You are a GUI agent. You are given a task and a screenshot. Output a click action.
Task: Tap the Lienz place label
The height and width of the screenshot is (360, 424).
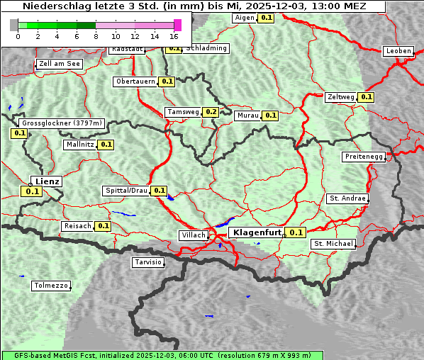click(x=47, y=181)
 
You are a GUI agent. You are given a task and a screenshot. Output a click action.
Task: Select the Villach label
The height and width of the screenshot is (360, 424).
click(x=193, y=235)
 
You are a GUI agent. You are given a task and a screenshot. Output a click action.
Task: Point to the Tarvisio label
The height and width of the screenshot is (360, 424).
click(x=147, y=262)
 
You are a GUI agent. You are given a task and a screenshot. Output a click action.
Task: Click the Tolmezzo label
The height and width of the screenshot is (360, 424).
click(x=51, y=286)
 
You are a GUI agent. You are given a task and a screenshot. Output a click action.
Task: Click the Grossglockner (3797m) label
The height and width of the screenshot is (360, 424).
click(x=62, y=123)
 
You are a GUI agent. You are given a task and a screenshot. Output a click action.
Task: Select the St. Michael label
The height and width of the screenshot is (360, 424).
click(x=333, y=244)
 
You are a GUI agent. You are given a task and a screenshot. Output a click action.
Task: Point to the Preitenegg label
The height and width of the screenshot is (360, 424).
click(x=364, y=156)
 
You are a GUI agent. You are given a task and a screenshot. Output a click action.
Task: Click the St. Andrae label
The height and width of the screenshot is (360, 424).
click(x=347, y=198)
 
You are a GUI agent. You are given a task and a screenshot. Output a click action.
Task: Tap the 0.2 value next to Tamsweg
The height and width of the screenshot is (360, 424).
click(x=211, y=112)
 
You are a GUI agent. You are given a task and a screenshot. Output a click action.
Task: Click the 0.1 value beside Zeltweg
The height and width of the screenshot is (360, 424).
click(x=366, y=97)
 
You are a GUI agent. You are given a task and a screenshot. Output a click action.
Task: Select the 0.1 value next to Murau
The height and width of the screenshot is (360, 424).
click(x=270, y=115)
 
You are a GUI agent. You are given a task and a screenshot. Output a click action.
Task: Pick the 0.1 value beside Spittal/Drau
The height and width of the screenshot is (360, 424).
click(x=160, y=191)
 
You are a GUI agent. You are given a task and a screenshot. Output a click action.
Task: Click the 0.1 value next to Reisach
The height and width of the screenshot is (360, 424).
click(x=103, y=226)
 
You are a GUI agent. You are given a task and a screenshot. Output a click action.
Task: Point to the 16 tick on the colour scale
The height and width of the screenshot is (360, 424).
click(x=174, y=35)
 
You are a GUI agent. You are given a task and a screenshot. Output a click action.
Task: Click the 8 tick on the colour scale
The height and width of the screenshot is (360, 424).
click(x=96, y=35)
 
